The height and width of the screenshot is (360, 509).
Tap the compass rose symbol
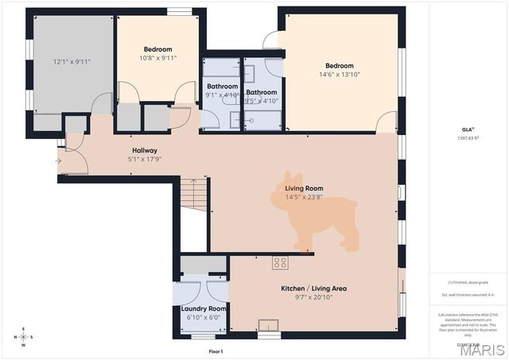[x=23, y=337]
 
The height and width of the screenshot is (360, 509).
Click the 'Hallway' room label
[x=144, y=150]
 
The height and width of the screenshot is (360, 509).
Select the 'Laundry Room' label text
[x=204, y=308]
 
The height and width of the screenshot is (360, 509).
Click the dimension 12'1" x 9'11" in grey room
[x=72, y=61]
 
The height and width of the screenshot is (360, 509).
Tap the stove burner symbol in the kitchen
[x=280, y=262]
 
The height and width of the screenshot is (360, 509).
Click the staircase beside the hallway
[x=193, y=194]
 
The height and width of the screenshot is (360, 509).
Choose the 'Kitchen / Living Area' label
[x=313, y=288]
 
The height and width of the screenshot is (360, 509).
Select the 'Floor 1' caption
[x=216, y=350]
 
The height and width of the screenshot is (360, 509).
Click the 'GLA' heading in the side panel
[x=467, y=128]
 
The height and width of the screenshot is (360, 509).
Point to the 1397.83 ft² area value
[x=467, y=137]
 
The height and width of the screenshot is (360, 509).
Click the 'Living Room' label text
[x=304, y=188]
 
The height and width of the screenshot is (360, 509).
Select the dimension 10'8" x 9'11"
[x=157, y=58]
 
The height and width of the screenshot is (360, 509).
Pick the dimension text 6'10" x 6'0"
[x=204, y=317]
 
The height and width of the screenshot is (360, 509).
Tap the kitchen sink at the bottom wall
[x=269, y=324]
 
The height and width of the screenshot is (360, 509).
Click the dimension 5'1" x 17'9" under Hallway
[x=144, y=159]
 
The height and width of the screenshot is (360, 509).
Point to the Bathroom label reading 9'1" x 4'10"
[x=222, y=95]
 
